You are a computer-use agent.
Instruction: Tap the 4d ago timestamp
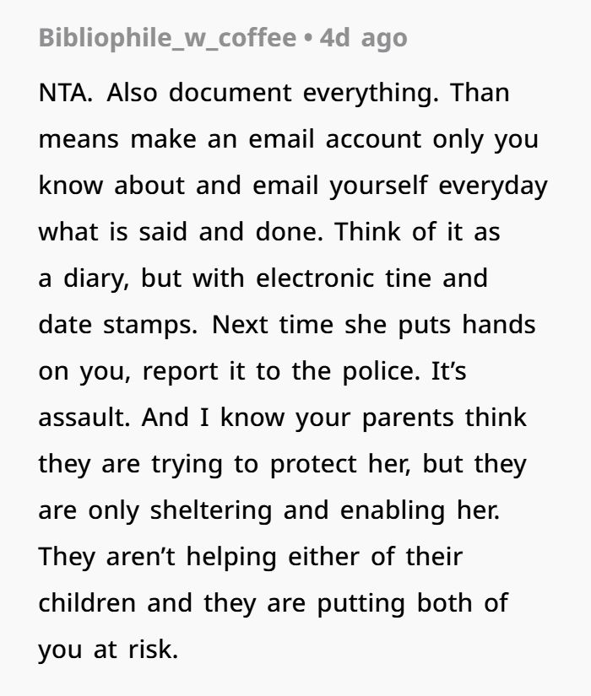(364, 38)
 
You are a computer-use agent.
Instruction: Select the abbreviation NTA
(66, 93)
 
